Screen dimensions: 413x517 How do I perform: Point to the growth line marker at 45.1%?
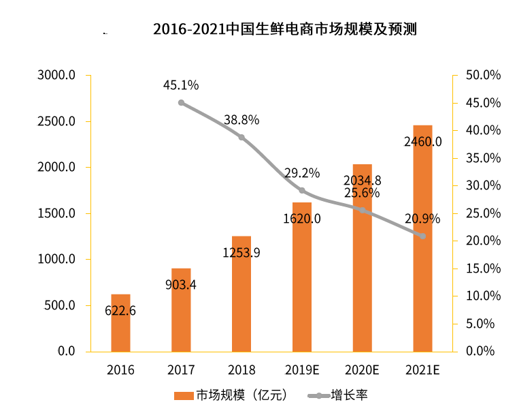click(181, 103)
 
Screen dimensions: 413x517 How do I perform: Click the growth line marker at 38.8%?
click(241, 138)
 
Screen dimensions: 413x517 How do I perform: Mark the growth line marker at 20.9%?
click(422, 236)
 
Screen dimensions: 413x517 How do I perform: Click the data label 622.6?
click(120, 311)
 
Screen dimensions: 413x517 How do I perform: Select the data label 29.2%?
click(302, 173)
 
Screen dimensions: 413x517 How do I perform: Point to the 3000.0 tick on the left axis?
click(56, 75)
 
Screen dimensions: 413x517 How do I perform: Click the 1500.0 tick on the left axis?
click(56, 213)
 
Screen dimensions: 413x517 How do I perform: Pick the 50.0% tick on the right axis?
click(482, 75)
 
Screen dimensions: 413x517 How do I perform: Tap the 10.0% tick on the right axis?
click(482, 296)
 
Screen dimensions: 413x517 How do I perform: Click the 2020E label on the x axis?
click(362, 370)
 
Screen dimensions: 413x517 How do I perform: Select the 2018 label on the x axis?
click(241, 370)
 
